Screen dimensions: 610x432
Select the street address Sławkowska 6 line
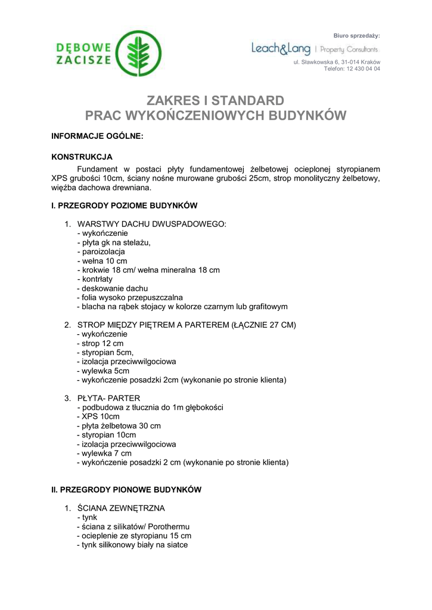[337, 62]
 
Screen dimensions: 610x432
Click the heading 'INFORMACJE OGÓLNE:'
[97, 136]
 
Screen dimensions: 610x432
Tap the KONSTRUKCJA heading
[82, 157]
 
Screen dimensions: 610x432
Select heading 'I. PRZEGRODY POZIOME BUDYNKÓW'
[124, 206]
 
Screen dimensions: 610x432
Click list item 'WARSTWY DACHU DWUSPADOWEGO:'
[152, 224]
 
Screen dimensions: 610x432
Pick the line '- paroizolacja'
[101, 251]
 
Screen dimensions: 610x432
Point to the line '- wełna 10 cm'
[102, 261]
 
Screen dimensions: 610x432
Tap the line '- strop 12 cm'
[100, 343]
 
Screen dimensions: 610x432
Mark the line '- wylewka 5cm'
[103, 371]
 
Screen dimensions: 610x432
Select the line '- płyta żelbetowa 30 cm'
[119, 426]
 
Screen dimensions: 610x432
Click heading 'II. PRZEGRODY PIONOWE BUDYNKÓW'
[126, 490]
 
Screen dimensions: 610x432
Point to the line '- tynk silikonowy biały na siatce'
[132, 544]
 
